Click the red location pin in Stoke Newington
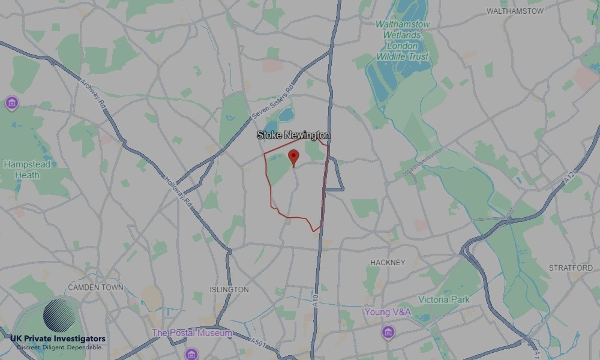click(x=293, y=157)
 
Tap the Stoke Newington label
click(x=293, y=135)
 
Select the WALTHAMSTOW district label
click(x=515, y=11)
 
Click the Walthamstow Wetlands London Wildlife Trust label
click(x=403, y=40)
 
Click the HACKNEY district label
click(x=388, y=263)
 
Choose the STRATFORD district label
click(x=571, y=268)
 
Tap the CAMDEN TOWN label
click(x=95, y=287)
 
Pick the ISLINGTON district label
click(x=229, y=289)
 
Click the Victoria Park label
click(x=444, y=299)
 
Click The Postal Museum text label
click(x=191, y=333)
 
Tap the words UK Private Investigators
click(x=58, y=339)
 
